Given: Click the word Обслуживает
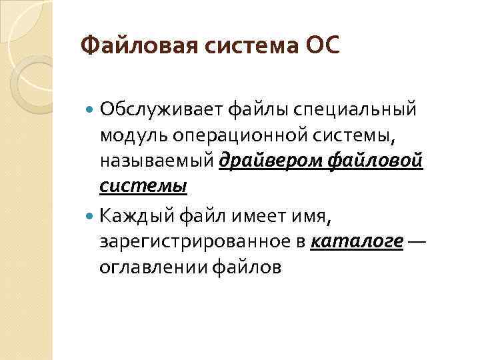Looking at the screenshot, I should click(161, 108).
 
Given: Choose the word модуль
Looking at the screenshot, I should click(130, 136).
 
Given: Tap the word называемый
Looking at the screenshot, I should click(156, 161).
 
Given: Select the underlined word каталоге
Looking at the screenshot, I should click(357, 242).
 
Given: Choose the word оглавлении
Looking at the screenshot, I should click(153, 268).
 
